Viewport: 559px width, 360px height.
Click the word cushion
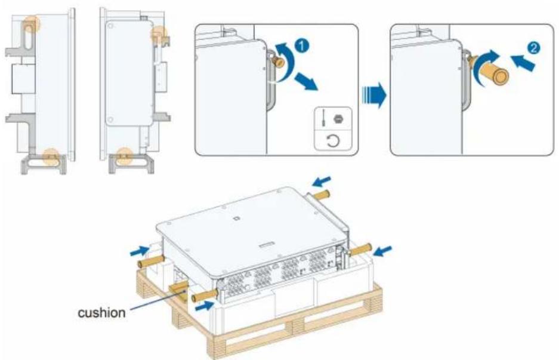[101, 313]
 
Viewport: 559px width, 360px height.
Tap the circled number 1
[302, 45]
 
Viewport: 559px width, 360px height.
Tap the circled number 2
[533, 48]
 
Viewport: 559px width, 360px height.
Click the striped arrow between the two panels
[374, 96]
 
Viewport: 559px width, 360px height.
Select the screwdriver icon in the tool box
[323, 118]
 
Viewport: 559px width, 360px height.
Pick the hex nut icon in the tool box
[337, 118]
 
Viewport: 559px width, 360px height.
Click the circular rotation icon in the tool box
[333, 141]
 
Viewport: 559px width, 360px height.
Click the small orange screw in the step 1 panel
[278, 62]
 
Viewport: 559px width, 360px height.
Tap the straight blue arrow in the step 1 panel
[306, 82]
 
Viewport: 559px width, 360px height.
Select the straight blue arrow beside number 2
[523, 62]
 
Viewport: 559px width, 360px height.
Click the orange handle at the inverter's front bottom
[205, 296]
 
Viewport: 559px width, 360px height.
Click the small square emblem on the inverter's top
[236, 218]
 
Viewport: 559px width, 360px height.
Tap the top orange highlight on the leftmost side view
[32, 24]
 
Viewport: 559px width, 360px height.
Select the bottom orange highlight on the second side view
[125, 156]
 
